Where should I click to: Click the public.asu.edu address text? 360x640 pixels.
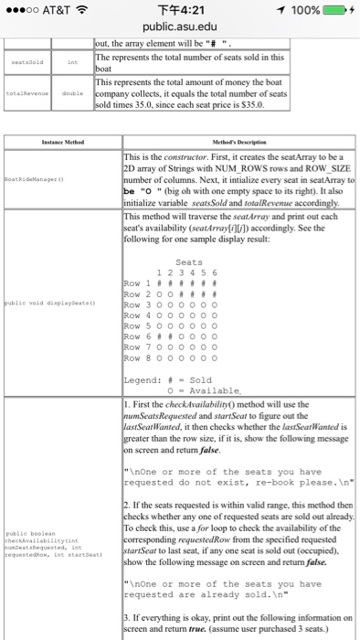coord(180,27)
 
